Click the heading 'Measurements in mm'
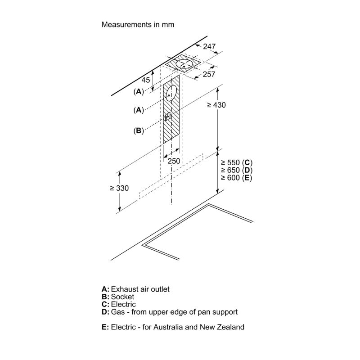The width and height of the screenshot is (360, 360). (x=138, y=24)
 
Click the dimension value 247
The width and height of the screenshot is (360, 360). (x=209, y=47)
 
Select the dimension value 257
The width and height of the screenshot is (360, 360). (x=209, y=74)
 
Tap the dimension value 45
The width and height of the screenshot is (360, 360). (x=145, y=80)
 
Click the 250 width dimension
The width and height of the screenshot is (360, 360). (x=174, y=161)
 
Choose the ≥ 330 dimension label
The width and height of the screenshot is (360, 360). (x=119, y=188)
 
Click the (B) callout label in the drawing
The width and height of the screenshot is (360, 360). (x=138, y=130)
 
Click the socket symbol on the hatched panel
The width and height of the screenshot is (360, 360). (x=168, y=117)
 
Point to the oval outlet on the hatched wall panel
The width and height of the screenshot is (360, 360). (x=171, y=94)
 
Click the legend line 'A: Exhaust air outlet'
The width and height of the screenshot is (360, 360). (x=135, y=289)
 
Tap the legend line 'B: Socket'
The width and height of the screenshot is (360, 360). (x=118, y=297)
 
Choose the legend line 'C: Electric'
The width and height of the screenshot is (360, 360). (x=119, y=304)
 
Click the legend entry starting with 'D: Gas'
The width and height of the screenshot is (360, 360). (x=170, y=312)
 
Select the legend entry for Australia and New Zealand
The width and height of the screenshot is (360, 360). (x=173, y=327)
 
